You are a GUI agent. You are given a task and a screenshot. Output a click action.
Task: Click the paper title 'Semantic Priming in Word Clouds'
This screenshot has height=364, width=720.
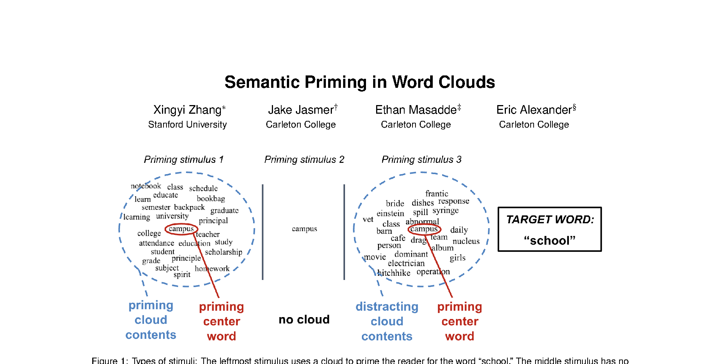pyautogui.click(x=360, y=82)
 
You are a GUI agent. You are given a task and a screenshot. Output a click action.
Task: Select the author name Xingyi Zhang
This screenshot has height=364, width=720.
pyautogui.click(x=187, y=110)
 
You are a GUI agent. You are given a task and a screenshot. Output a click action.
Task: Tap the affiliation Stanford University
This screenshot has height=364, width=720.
pyautogui.click(x=187, y=125)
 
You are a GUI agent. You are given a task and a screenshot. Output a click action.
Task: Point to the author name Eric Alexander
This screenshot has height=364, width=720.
pyautogui.click(x=534, y=110)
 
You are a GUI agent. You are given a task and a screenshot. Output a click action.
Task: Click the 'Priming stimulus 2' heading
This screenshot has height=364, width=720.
pyautogui.click(x=304, y=159)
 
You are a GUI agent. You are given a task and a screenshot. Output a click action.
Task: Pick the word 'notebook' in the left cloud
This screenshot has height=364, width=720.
pyautogui.click(x=145, y=186)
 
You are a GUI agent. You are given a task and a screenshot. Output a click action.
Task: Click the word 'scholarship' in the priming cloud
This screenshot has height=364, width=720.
pyautogui.click(x=223, y=252)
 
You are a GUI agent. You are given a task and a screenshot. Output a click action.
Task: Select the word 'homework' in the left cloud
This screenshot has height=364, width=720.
pyautogui.click(x=212, y=269)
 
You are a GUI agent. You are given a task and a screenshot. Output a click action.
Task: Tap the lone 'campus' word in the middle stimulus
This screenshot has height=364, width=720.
pyautogui.click(x=304, y=229)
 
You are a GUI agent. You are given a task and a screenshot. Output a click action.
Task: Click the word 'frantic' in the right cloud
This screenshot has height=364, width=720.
pyautogui.click(x=436, y=194)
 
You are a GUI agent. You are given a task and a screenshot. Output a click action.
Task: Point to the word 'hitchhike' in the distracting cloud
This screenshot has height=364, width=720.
pyautogui.click(x=394, y=273)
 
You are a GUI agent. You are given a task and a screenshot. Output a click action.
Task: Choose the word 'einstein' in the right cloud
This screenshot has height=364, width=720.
pyautogui.click(x=390, y=214)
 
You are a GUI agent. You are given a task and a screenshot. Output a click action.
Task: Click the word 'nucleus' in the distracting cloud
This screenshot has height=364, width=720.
pyautogui.click(x=466, y=241)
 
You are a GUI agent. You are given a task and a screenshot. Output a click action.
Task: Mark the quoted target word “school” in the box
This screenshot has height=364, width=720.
pyautogui.click(x=549, y=241)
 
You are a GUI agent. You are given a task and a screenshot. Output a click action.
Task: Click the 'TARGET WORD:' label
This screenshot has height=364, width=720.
pyautogui.click(x=550, y=220)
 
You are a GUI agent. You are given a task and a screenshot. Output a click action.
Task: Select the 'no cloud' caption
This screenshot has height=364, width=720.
pyautogui.click(x=304, y=320)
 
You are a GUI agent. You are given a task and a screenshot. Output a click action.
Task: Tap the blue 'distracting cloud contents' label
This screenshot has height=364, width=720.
pyautogui.click(x=387, y=321)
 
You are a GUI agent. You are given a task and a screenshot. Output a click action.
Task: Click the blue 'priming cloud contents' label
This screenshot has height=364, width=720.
pyautogui.click(x=151, y=320)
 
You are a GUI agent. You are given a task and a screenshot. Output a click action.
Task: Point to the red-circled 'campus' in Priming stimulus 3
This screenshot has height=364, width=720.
pyautogui.click(x=424, y=229)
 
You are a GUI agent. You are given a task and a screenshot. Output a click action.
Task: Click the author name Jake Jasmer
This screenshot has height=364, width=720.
pyautogui.click(x=301, y=110)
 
